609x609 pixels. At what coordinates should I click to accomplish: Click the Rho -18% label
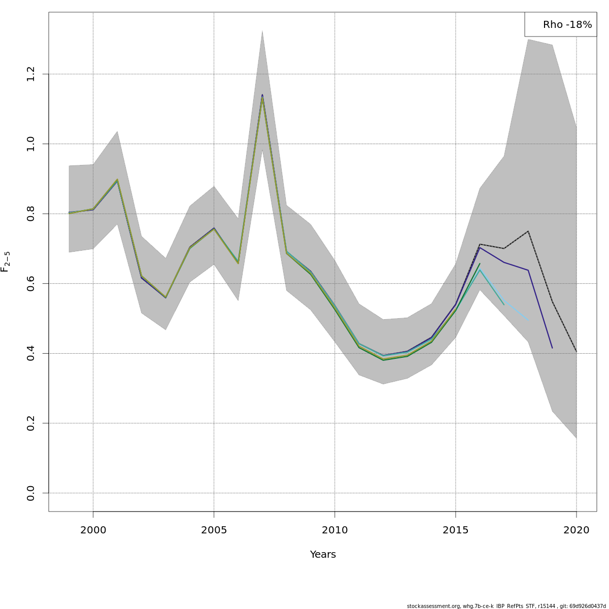point(567,25)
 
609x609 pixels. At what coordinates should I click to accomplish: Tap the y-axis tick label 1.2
point(31,74)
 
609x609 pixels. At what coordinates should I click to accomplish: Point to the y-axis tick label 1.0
point(31,144)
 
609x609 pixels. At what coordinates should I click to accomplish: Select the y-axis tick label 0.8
point(31,214)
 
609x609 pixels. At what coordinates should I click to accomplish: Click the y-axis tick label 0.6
point(31,284)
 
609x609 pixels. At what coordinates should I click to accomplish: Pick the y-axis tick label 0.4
point(31,353)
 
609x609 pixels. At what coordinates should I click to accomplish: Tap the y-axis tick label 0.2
point(31,423)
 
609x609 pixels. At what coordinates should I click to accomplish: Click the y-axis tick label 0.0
point(31,493)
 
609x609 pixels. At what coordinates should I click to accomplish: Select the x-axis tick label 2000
point(93,530)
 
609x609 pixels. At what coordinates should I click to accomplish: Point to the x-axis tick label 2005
point(214,530)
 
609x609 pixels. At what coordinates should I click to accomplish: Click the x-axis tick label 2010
point(334,530)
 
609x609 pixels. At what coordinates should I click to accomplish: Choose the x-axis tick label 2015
point(456,530)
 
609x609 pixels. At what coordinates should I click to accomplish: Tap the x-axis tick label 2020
point(577,530)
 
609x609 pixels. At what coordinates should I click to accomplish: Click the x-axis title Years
point(323,555)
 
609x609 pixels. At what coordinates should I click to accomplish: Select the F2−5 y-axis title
point(6,262)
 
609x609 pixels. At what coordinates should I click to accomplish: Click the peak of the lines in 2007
point(262,95)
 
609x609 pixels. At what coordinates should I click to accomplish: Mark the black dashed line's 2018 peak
point(528,231)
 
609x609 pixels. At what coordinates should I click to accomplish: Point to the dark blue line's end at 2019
point(552,348)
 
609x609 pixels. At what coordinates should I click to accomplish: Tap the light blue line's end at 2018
point(528,320)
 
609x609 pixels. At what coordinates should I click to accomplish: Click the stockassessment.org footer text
point(506,606)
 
